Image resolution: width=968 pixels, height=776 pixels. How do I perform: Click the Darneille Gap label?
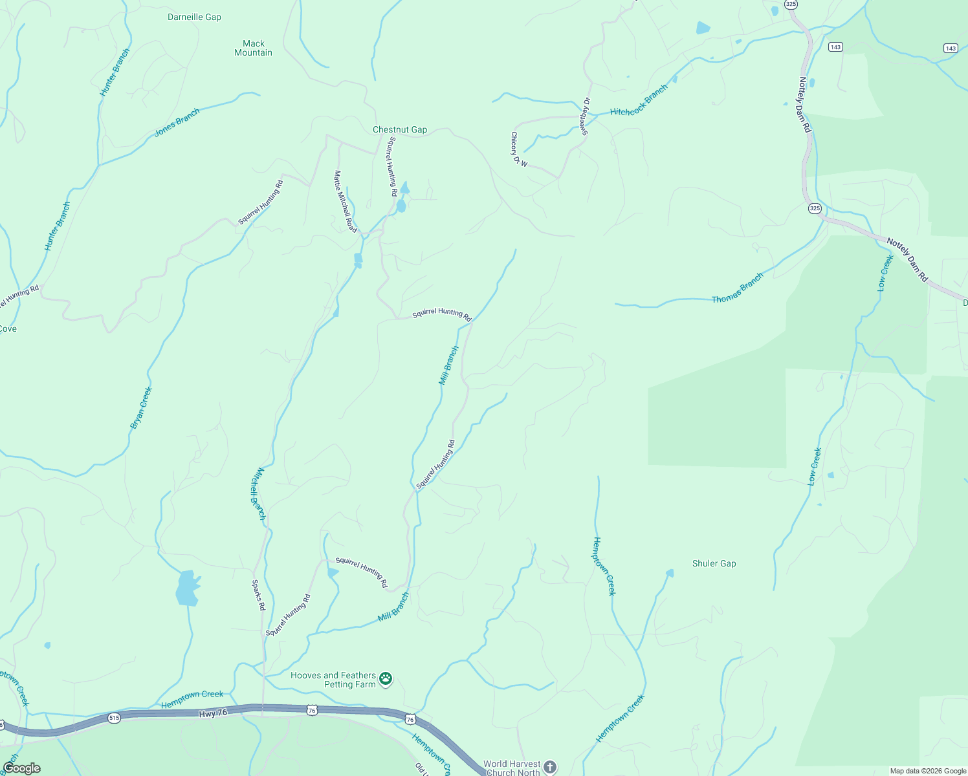[194, 17]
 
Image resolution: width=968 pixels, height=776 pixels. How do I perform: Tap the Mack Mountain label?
[254, 48]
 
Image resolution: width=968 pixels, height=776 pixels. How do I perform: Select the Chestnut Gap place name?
[400, 130]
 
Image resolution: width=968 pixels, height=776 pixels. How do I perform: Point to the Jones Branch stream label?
[177, 123]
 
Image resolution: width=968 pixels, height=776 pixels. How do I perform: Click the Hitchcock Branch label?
[639, 102]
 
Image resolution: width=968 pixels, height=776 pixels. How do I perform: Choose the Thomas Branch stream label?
[738, 288]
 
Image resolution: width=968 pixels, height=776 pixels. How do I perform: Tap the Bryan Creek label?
[141, 408]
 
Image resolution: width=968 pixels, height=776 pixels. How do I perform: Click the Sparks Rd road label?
[258, 596]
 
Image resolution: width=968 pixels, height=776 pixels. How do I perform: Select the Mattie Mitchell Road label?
[346, 201]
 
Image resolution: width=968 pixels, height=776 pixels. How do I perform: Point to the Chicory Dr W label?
[519, 150]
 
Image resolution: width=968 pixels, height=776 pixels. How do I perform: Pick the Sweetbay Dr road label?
[585, 116]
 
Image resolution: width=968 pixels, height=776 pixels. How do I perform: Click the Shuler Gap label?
[714, 564]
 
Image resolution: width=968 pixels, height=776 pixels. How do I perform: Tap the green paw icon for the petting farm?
[386, 678]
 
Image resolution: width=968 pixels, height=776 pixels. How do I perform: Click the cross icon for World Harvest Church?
[549, 767]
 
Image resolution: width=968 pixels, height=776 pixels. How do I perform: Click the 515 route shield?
[114, 718]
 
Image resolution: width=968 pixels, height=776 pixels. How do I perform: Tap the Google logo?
[21, 768]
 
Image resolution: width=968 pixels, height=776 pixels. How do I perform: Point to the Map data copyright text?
[928, 771]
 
